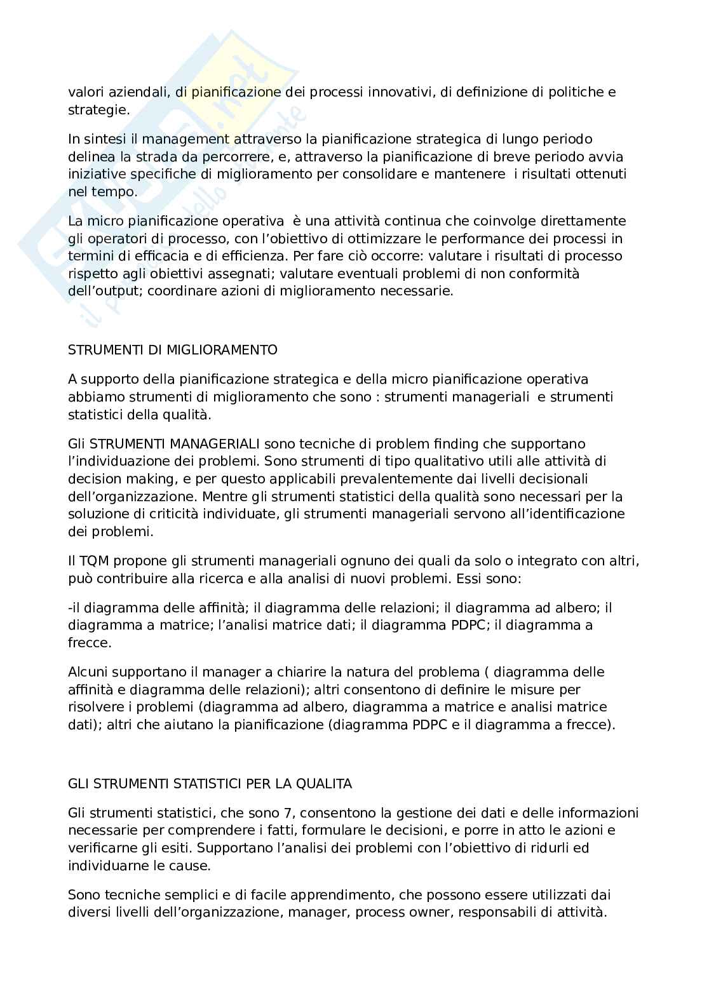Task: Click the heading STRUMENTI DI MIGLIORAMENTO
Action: (172, 349)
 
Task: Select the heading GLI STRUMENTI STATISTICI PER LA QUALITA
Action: (210, 784)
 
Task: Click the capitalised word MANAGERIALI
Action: (216, 443)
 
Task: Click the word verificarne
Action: (98, 847)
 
